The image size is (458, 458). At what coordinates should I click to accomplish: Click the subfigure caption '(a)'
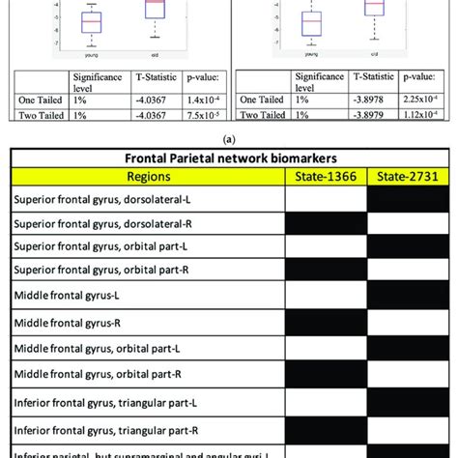coord(228,136)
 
